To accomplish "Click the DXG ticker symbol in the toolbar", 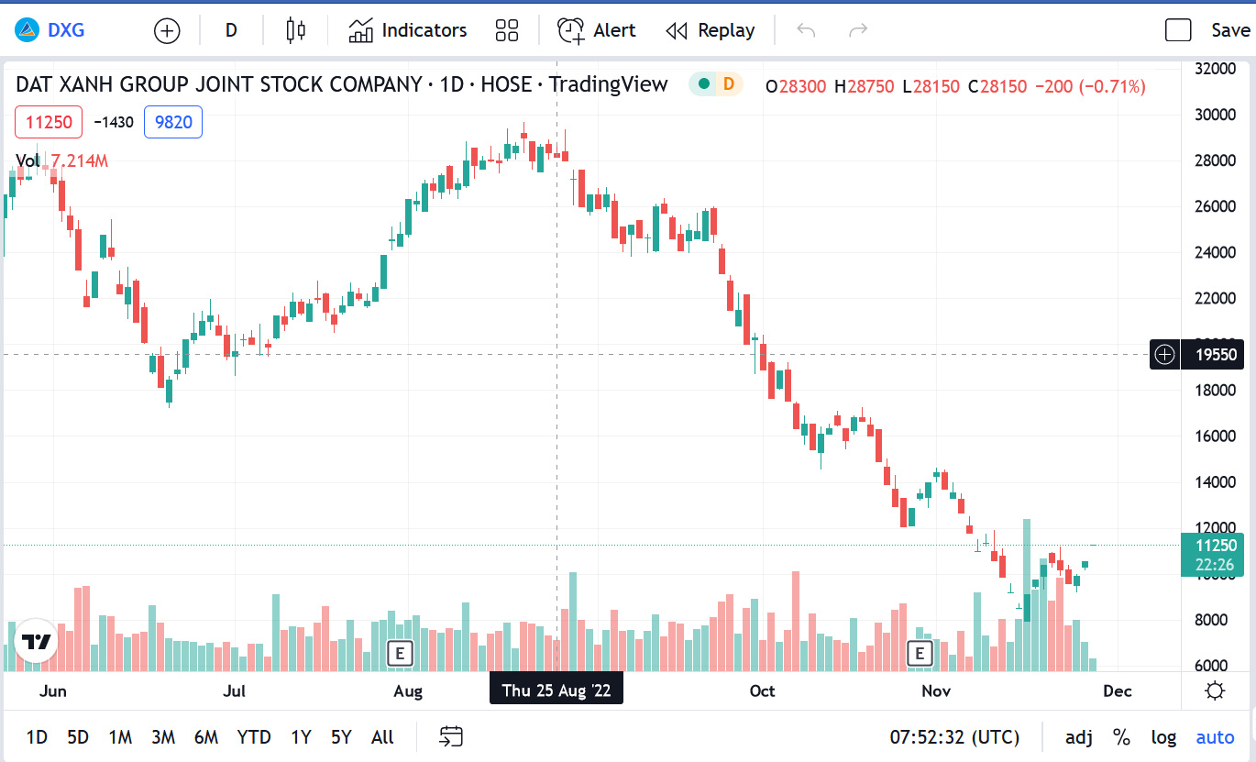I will click(65, 30).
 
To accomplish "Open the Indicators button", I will click(408, 30).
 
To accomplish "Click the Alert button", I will click(597, 30).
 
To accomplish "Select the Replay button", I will click(711, 30).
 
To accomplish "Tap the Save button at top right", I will click(1229, 30).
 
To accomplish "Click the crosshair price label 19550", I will click(1216, 354).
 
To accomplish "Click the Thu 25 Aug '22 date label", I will click(556, 690).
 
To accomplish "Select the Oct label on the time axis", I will click(762, 690).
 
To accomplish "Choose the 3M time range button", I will click(163, 737).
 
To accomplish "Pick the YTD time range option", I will click(254, 737).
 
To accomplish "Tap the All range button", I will click(382, 737).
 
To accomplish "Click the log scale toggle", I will click(1163, 737).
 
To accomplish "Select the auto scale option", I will click(1215, 737).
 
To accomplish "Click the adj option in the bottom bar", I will click(1079, 737).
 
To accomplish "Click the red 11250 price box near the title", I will click(49, 122).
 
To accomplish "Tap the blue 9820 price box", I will click(173, 122).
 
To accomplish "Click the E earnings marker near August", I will click(399, 653).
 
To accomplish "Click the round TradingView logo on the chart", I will click(36, 641).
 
